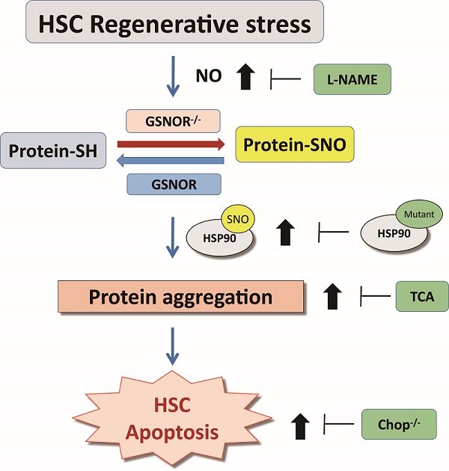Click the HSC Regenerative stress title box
[175, 23]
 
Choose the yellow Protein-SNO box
[294, 145]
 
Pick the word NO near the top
[209, 76]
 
